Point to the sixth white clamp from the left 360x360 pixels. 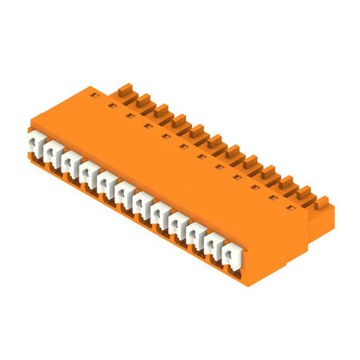(x=125, y=196)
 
